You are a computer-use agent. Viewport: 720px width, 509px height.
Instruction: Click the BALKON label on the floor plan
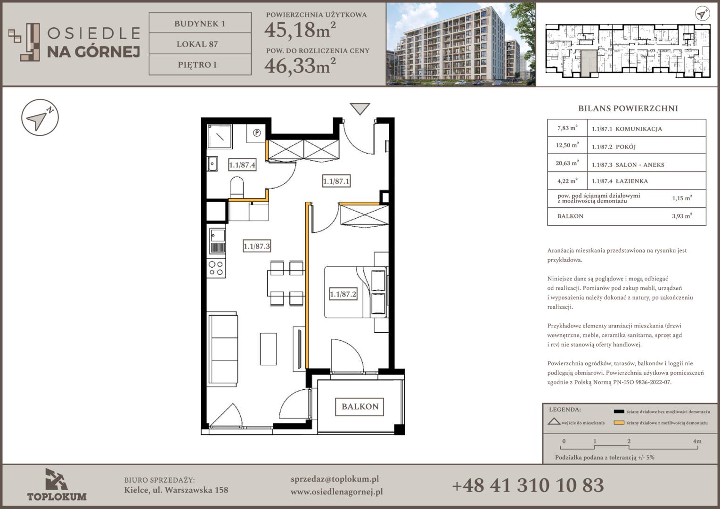pyautogui.click(x=360, y=407)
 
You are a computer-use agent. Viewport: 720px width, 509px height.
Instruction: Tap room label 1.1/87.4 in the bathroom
pyautogui.click(x=242, y=165)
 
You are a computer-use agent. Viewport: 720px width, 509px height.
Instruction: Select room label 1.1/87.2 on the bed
pyautogui.click(x=344, y=294)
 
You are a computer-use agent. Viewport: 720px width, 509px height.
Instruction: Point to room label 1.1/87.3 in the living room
pyautogui.click(x=256, y=246)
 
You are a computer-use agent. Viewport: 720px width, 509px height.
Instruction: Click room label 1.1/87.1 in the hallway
pyautogui.click(x=336, y=181)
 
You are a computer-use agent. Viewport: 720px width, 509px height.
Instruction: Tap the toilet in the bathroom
pyautogui.click(x=237, y=187)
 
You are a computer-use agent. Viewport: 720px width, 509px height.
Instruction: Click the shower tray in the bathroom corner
pyautogui.click(x=220, y=136)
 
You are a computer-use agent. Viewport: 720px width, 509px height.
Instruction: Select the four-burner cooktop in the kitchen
pyautogui.click(x=216, y=269)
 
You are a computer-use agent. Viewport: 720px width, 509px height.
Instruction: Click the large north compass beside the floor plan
pyautogui.click(x=40, y=117)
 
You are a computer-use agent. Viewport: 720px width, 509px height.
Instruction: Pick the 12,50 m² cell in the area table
pyautogui.click(x=567, y=145)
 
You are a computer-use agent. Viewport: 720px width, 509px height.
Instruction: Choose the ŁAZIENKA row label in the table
pyautogui.click(x=631, y=181)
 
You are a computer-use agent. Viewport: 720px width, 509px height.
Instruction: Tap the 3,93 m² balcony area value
pyautogui.click(x=682, y=216)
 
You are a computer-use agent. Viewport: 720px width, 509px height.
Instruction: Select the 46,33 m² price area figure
pyautogui.click(x=300, y=66)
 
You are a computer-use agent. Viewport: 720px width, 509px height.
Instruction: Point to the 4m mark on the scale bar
pyautogui.click(x=697, y=442)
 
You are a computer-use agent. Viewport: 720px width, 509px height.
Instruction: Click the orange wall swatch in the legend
pyautogui.click(x=619, y=423)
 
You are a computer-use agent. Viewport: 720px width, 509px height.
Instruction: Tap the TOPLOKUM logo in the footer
pyautogui.click(x=57, y=484)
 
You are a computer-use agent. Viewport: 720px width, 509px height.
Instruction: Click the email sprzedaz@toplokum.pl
pyautogui.click(x=335, y=479)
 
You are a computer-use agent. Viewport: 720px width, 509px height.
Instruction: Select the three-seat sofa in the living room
pyautogui.click(x=222, y=348)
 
